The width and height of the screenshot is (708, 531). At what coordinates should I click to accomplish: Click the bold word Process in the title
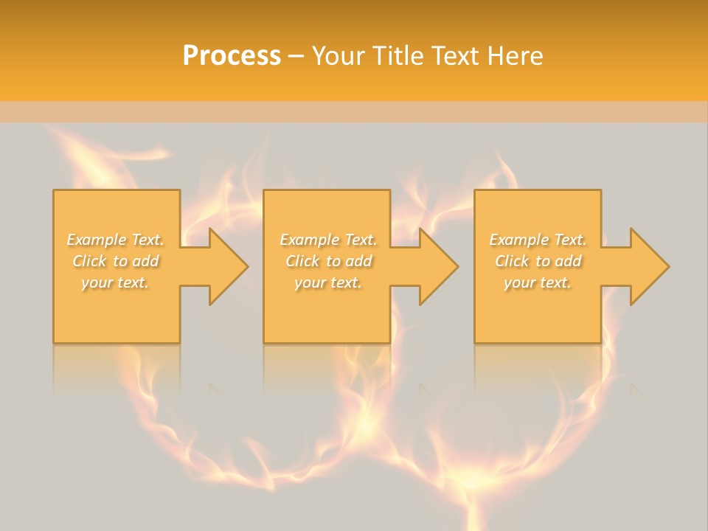(232, 56)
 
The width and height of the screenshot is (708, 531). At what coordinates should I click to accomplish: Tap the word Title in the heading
(399, 56)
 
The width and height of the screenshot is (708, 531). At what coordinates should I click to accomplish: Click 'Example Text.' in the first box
(115, 240)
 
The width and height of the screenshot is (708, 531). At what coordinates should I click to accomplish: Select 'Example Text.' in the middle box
(328, 240)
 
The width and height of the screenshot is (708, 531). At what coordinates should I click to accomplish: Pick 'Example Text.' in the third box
(538, 240)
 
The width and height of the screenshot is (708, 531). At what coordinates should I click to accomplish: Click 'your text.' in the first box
(115, 282)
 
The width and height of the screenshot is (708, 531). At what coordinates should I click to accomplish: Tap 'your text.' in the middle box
(328, 282)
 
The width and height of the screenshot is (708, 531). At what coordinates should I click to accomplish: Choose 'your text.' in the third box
(538, 282)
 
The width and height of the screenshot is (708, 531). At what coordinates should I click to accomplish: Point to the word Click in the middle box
(302, 261)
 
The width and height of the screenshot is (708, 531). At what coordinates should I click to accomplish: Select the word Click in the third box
(512, 261)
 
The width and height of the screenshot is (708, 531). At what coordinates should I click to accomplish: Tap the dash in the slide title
(296, 56)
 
